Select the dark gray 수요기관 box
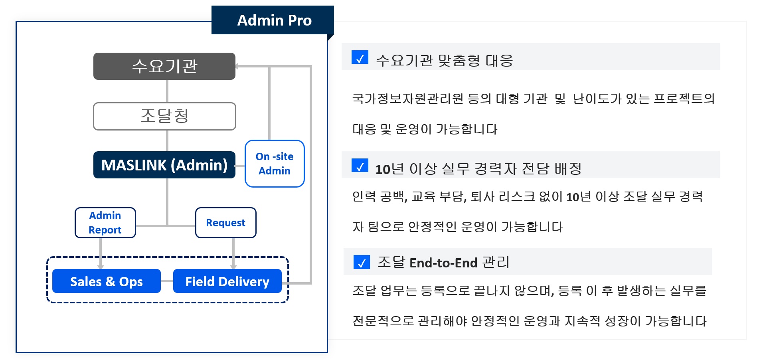tap(164, 66)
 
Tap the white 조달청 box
tap(164, 116)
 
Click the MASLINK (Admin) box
tap(164, 165)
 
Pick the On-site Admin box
tap(275, 164)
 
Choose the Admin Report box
tap(105, 223)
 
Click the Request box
tap(226, 223)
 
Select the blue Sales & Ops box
tap(107, 281)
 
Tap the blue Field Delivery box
tap(227, 281)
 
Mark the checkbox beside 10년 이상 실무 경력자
tap(360, 166)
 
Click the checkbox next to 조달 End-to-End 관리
tap(362, 262)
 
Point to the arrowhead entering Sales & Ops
tap(101, 266)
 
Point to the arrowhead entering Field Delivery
tap(233, 266)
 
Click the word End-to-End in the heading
tap(443, 263)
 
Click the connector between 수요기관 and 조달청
tap(167, 91)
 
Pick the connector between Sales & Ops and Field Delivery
tap(167, 281)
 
